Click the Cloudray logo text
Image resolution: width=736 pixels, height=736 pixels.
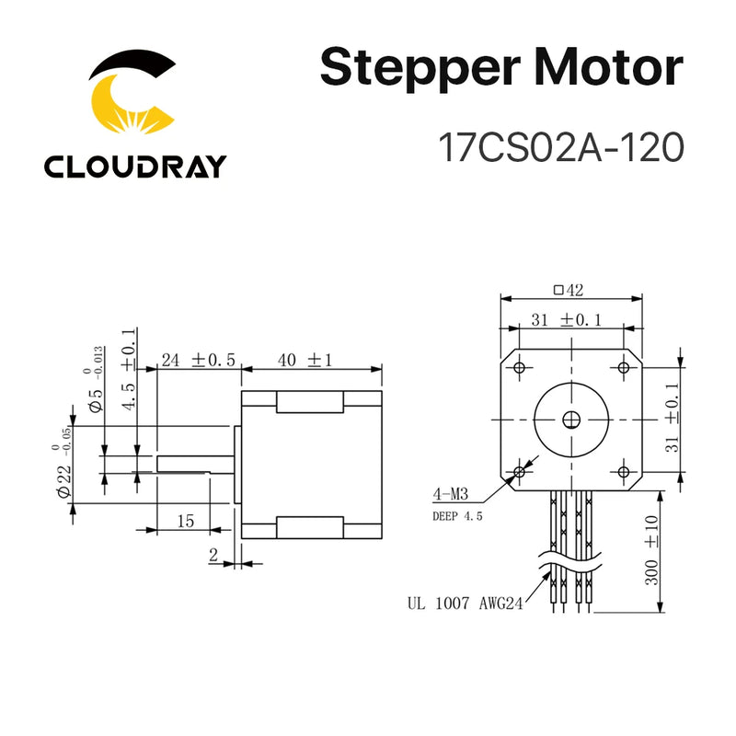[134, 166]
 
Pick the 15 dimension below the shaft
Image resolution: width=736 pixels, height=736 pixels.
[185, 521]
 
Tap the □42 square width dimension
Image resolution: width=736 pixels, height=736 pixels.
[569, 290]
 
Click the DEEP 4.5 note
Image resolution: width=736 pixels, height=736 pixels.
[457, 516]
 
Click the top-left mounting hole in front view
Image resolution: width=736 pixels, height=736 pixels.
[520, 368]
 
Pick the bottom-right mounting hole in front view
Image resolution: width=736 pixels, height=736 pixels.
[624, 472]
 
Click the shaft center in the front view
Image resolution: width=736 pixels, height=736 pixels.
[571, 420]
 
